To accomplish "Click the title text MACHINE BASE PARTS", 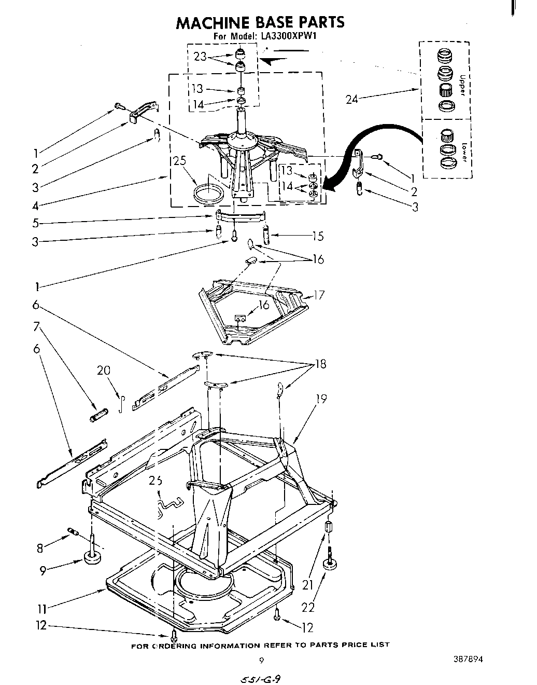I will [260, 22].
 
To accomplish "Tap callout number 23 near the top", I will [199, 57].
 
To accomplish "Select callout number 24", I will [351, 99].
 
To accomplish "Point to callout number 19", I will [321, 399].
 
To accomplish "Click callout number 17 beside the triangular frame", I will [319, 295].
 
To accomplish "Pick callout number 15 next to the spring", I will [317, 236].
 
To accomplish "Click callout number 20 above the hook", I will [104, 371].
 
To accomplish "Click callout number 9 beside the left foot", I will [43, 570].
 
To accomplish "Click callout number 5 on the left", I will [35, 224].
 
